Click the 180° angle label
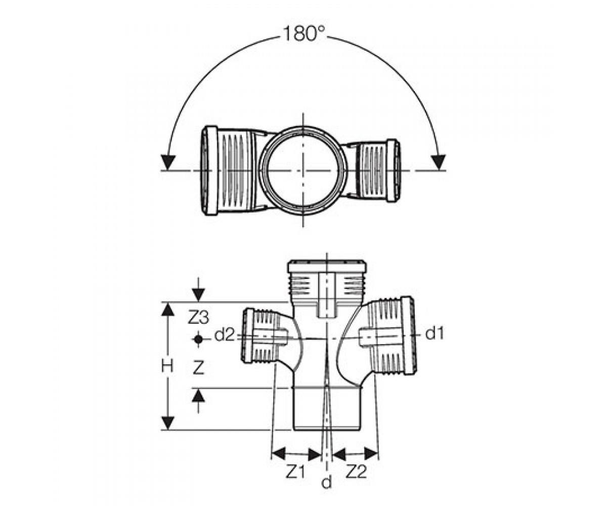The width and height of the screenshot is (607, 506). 302,34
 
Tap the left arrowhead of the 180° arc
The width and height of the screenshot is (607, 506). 168,162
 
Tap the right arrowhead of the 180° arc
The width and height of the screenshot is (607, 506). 439,162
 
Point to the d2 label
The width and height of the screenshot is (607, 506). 224,335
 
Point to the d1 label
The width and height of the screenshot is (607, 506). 435,334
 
